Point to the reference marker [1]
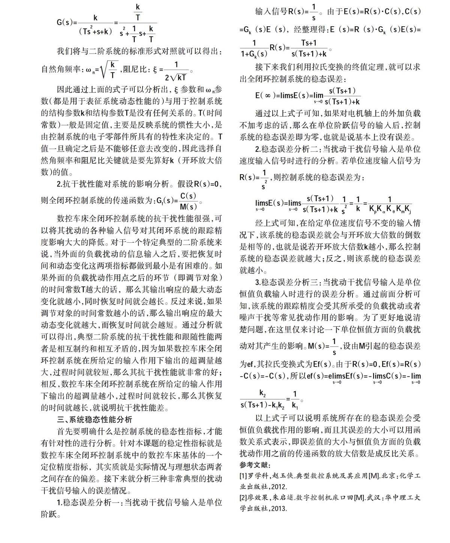click(243, 476)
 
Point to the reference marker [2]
click(243, 498)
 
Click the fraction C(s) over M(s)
click(188, 201)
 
